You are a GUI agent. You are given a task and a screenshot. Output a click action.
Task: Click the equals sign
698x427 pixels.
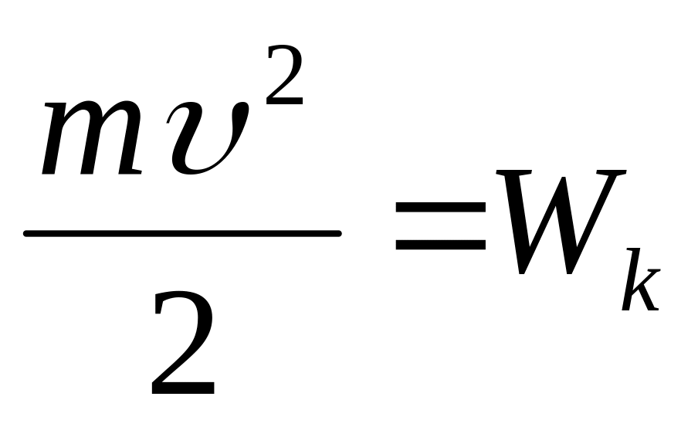(441, 226)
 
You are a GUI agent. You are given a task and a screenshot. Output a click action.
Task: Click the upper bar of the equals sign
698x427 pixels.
(441, 207)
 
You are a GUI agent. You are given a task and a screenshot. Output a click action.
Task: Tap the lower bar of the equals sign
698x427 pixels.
(441, 246)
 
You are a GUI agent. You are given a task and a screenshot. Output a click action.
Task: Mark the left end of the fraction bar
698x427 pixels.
(28, 232)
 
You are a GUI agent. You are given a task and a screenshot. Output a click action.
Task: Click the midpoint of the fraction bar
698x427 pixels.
(183, 232)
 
